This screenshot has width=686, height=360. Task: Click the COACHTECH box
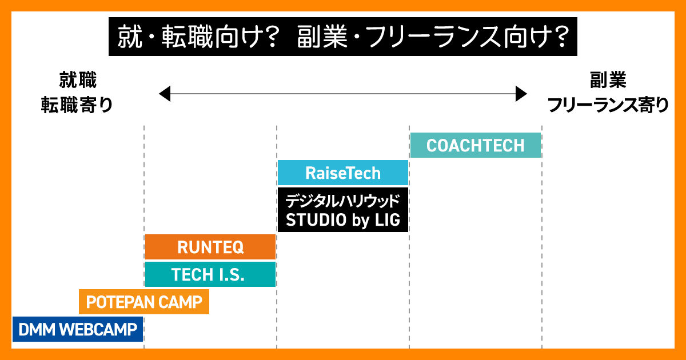475,145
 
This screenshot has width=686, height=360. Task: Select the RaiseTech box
342,173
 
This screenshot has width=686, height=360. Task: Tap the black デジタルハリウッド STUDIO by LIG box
342,210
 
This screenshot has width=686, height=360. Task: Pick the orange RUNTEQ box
210,247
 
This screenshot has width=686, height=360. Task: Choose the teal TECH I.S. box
210,274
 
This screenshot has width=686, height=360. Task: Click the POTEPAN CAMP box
144,302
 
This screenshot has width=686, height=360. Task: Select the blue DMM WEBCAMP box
78,329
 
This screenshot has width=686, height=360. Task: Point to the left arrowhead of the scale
165,94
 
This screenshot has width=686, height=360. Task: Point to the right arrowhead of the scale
521,94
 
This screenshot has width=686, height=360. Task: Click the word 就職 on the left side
78,80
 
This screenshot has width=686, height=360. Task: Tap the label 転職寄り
77,105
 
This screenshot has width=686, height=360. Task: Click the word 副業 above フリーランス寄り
608,80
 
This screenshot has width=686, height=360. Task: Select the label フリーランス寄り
608,105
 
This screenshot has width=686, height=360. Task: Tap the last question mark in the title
561,37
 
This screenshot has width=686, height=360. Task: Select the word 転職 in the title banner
187,37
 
